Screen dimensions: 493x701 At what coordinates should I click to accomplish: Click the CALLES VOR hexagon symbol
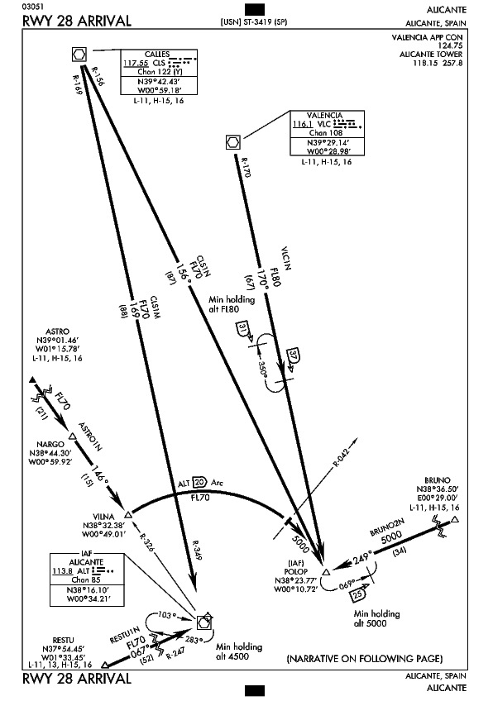pos(79,55)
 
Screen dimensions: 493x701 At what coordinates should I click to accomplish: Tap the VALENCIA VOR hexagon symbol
pos(233,143)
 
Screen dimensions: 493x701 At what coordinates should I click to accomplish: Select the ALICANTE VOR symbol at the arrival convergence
pos(203,622)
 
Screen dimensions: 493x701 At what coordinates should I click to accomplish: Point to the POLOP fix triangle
pos(326,572)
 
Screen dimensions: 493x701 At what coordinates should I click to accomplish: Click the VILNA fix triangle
pos(128,514)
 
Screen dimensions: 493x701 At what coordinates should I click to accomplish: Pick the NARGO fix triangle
pos(72,436)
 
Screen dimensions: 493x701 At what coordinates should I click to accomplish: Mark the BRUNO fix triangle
pos(455,519)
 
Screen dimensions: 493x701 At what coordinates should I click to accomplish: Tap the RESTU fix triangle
pos(104,665)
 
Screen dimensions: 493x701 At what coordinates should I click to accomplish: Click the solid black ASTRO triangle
pos(32,380)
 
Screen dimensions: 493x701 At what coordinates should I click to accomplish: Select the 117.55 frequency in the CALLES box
pos(136,63)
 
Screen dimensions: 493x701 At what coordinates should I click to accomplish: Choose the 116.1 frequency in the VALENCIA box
pos(303,124)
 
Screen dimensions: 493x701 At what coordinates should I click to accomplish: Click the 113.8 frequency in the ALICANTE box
pos(63,571)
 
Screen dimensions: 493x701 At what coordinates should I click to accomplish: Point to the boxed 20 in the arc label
pos(200,483)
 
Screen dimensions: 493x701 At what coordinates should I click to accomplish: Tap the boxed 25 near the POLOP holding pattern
pos(358,595)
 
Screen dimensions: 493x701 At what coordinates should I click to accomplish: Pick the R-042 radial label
pos(341,456)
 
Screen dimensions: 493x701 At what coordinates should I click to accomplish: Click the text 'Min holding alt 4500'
pos(239,651)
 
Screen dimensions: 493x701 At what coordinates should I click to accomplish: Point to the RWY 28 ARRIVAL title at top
pos(77,21)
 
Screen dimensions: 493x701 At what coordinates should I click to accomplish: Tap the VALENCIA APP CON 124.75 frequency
pos(427,41)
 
